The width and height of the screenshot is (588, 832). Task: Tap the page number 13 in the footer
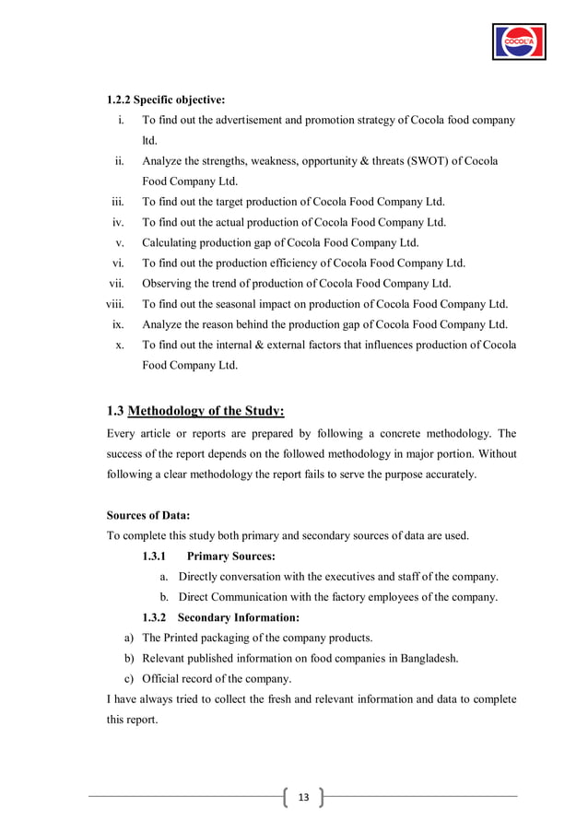[302, 795]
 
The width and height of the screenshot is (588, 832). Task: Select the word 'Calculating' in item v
[172, 242]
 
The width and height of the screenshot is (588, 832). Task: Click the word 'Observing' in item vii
[169, 283]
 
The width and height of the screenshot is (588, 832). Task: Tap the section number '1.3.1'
[157, 556]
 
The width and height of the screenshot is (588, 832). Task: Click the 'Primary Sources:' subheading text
[230, 556]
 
